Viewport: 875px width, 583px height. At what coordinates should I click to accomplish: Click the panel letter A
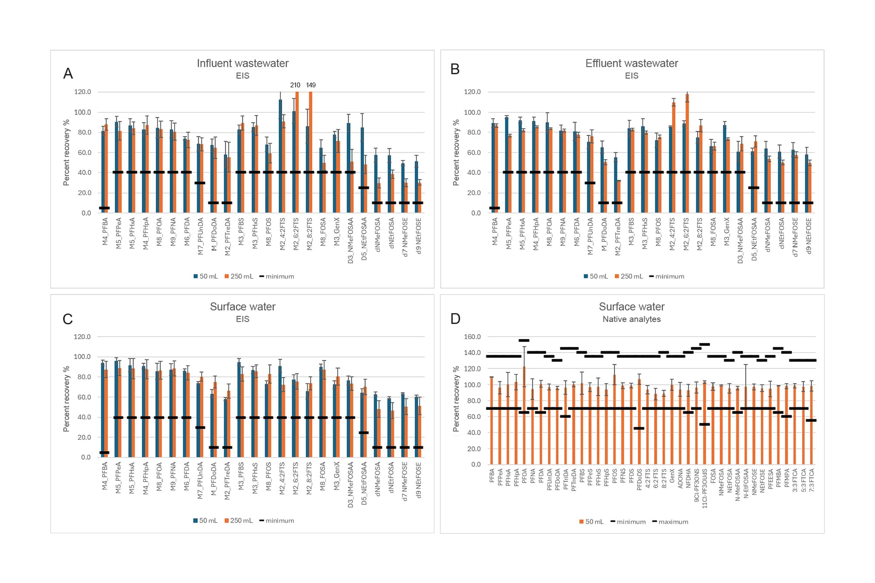click(x=68, y=73)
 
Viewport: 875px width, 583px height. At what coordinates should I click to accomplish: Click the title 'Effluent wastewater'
click(x=631, y=63)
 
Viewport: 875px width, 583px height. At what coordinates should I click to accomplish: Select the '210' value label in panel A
click(x=295, y=85)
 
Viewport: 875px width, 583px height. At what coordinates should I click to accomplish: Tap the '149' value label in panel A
click(x=311, y=85)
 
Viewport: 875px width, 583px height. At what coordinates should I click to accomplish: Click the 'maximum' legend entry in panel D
click(x=673, y=522)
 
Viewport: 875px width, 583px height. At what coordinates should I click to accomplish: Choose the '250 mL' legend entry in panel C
click(x=241, y=520)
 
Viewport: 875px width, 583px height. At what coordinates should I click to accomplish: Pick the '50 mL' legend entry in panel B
click(x=598, y=276)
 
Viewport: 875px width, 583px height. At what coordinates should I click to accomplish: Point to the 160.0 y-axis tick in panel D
click(x=472, y=337)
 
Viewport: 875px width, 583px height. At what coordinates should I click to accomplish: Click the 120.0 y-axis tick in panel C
click(x=82, y=337)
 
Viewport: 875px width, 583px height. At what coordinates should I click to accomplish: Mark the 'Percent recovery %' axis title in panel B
click(x=456, y=153)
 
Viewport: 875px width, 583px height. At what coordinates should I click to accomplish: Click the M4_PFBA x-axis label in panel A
click(x=105, y=231)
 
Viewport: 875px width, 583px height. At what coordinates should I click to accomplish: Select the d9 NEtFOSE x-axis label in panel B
click(x=808, y=236)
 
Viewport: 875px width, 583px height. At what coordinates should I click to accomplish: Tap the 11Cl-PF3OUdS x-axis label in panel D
click(x=704, y=489)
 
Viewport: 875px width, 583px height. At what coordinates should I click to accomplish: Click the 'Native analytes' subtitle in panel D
click(x=631, y=319)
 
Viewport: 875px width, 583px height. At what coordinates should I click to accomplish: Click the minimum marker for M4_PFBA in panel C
click(x=105, y=453)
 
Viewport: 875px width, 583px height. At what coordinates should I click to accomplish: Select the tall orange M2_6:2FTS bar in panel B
click(x=687, y=153)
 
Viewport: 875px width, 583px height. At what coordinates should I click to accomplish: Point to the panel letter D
click(x=455, y=319)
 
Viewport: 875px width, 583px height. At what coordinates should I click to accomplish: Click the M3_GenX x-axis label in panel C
click(x=336, y=475)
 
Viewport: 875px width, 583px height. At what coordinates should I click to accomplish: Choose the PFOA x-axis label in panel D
click(x=524, y=476)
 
